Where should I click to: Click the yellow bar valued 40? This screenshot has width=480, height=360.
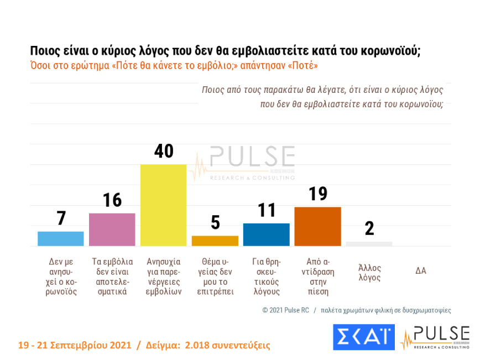[163, 205]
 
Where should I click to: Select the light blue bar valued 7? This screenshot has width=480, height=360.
[60, 239]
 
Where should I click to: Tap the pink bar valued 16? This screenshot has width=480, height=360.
[112, 229]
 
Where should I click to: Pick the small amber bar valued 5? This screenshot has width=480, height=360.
[215, 241]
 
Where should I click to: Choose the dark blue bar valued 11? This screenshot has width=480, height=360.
[266, 234]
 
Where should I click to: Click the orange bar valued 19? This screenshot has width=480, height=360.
[317, 226]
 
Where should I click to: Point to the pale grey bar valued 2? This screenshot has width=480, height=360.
[369, 244]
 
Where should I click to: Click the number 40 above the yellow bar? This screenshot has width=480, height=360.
[163, 151]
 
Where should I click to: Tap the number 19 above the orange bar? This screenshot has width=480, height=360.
[317, 194]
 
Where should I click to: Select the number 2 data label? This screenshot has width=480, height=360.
[369, 228]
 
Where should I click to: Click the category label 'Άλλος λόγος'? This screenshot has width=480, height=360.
[369, 273]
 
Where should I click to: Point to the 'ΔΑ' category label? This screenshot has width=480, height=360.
[421, 270]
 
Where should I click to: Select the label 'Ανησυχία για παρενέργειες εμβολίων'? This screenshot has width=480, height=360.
[163, 276]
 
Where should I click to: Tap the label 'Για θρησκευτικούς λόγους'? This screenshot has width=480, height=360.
[266, 276]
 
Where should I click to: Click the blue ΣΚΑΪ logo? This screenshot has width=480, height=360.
[363, 337]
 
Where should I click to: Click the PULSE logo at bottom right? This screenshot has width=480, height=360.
[435, 337]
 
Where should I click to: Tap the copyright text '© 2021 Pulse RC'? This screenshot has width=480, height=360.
[285, 310]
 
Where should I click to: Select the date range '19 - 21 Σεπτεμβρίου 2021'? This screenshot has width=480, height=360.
[75, 345]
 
